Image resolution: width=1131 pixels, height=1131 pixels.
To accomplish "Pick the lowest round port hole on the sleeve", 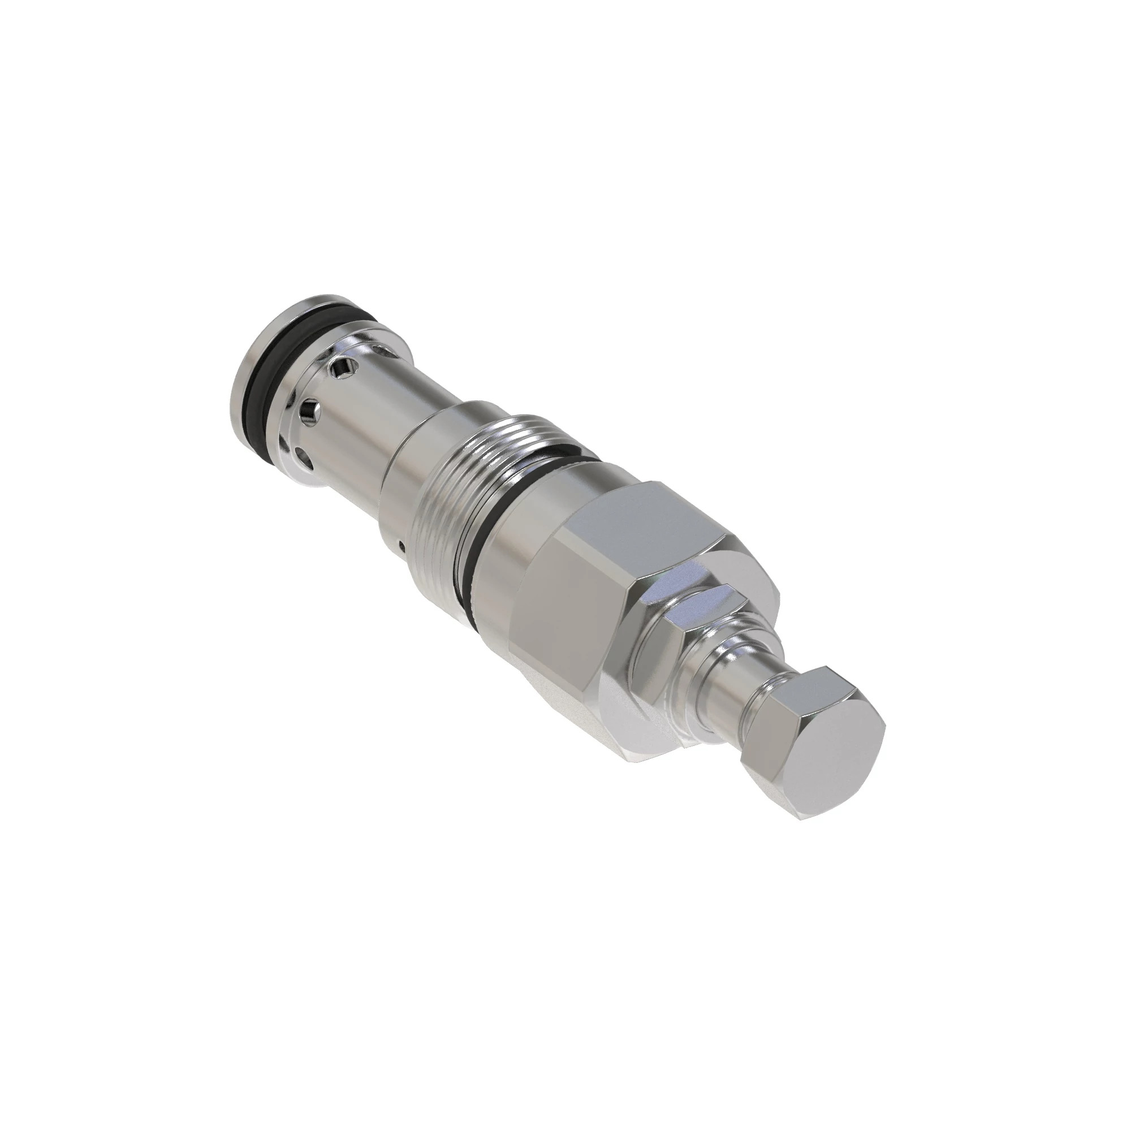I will pos(303,454).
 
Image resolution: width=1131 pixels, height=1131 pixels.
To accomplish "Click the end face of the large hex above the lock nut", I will pos(732,597).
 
